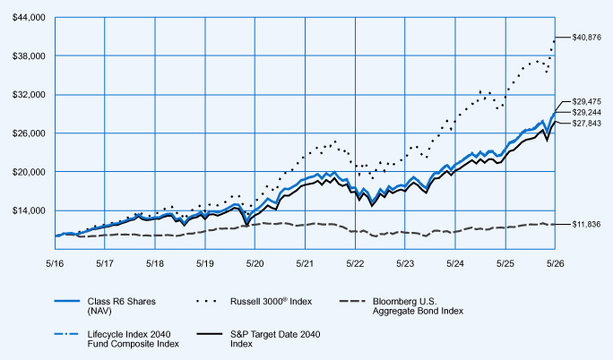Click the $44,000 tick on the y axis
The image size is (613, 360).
29,18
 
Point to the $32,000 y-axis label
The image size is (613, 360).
29,95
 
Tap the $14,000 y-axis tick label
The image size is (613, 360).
29,210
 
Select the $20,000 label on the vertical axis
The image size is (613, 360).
29,172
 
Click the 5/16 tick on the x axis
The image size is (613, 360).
55,263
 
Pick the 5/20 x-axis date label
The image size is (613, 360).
255,263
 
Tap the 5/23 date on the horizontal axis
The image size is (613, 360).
405,263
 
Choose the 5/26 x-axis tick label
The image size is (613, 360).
555,263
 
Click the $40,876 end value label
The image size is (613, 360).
586,38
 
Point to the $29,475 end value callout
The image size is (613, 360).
586,101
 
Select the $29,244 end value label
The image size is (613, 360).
586,113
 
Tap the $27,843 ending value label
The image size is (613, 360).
586,124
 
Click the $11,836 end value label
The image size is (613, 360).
586,225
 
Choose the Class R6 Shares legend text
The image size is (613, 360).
122,306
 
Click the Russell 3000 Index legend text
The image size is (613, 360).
271,302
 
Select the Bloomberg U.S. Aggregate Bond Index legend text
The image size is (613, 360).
418,306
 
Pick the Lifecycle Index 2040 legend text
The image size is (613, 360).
133,339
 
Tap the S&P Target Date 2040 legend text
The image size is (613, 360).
275,339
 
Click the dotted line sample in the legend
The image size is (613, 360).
207,301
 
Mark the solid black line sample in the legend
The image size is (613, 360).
210,334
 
